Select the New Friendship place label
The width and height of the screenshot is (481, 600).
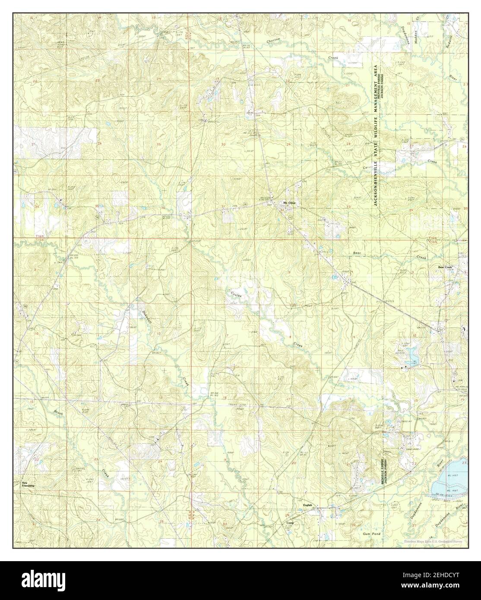tap(28, 484)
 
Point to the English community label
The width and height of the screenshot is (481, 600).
tap(307, 505)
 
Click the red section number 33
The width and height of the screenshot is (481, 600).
tap(348, 208)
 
